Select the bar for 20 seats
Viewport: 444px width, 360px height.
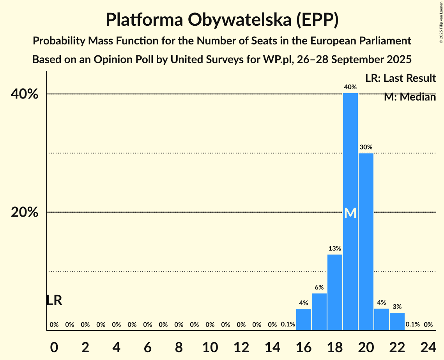click(x=366, y=242)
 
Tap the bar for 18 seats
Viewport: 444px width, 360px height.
click(x=335, y=292)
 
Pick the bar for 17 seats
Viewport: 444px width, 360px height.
click(x=319, y=312)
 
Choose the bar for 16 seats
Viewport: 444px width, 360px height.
click(x=304, y=319)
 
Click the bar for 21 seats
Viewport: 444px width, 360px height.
click(x=382, y=319)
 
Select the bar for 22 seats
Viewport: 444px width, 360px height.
click(x=397, y=321)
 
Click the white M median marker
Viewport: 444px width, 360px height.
click(x=350, y=213)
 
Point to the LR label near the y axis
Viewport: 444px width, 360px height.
click(x=54, y=300)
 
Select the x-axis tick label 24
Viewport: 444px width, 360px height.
click(x=428, y=346)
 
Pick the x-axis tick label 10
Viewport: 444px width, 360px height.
click(x=210, y=346)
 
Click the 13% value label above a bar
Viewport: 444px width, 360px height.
click(x=335, y=248)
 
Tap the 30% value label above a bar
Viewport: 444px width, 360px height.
click(x=366, y=147)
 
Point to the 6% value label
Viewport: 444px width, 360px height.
click(x=319, y=288)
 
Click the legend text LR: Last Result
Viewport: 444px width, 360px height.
click(x=400, y=78)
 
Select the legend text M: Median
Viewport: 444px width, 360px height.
click(x=410, y=97)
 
